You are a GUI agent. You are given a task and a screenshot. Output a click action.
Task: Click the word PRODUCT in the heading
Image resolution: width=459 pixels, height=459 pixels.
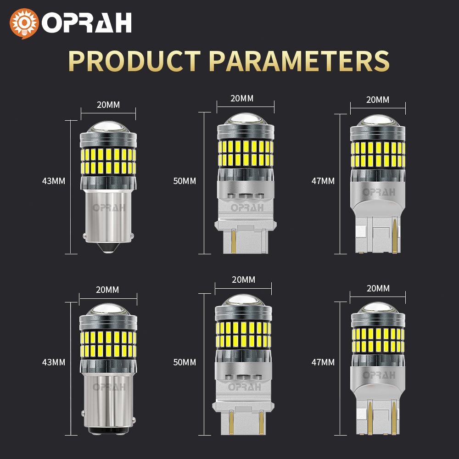134,61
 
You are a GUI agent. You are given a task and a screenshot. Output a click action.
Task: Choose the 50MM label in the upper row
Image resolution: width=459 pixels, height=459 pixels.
184,181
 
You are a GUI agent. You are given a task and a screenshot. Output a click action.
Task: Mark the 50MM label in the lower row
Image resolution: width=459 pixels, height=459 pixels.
184,362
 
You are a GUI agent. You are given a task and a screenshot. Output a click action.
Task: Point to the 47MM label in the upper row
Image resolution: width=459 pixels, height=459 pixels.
323,181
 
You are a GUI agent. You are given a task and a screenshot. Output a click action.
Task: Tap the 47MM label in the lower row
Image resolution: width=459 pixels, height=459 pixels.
323,362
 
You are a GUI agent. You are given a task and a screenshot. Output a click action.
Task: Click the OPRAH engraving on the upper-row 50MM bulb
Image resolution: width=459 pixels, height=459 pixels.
247,207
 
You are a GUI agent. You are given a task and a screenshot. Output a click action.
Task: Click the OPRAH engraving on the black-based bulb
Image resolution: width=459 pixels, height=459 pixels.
108,387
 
